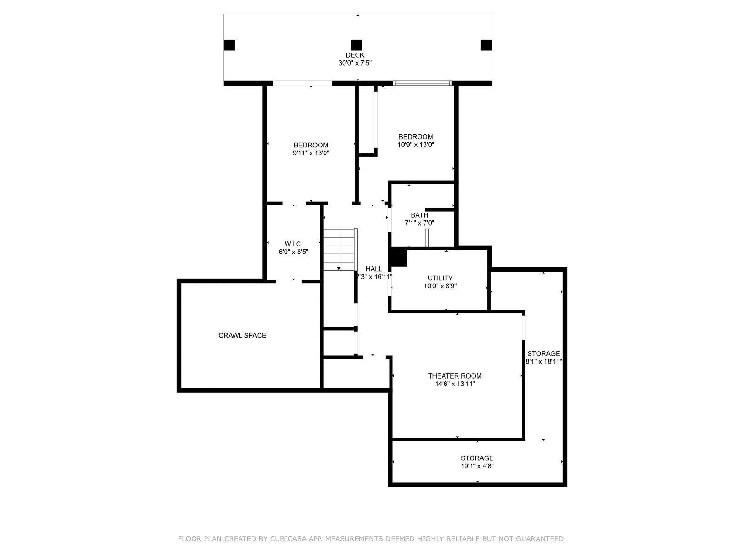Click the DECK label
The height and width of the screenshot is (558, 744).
355,55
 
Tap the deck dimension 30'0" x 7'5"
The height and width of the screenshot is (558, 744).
355,63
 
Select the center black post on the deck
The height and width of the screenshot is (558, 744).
356,45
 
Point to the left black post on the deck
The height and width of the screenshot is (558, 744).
229,45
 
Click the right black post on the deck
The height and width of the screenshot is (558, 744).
486,45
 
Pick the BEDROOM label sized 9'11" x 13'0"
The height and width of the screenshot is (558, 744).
311,146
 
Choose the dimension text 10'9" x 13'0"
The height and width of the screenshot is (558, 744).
416,145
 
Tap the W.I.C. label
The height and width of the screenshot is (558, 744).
293,244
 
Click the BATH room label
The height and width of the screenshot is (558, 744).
419,215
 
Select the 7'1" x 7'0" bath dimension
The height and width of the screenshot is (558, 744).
419,223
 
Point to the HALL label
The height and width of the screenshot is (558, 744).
374,269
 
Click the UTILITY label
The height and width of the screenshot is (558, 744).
440,278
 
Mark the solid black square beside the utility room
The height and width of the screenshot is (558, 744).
399,258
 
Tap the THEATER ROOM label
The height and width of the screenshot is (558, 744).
454,376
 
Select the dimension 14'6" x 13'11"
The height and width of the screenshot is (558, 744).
455,384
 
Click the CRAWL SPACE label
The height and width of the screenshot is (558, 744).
242,335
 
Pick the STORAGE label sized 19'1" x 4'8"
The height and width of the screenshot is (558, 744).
477,458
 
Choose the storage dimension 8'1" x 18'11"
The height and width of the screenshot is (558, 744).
544,361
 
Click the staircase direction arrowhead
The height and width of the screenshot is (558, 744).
339,269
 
